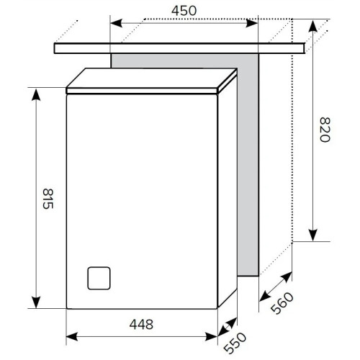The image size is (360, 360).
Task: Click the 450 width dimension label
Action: click(184, 11)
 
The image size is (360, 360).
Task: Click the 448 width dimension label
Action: click(141, 324)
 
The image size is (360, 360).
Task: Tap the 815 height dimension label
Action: click(48, 199)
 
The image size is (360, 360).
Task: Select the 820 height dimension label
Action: click(325, 130)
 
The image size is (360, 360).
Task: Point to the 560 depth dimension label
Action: click(282, 303)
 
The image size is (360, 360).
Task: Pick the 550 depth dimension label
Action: click(235, 343)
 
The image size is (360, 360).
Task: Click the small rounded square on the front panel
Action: click(99, 278)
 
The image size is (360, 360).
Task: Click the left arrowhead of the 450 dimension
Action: click(116, 23)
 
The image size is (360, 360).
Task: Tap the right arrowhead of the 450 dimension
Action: click(252, 23)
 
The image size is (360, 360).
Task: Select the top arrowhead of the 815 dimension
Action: click(36, 95)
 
